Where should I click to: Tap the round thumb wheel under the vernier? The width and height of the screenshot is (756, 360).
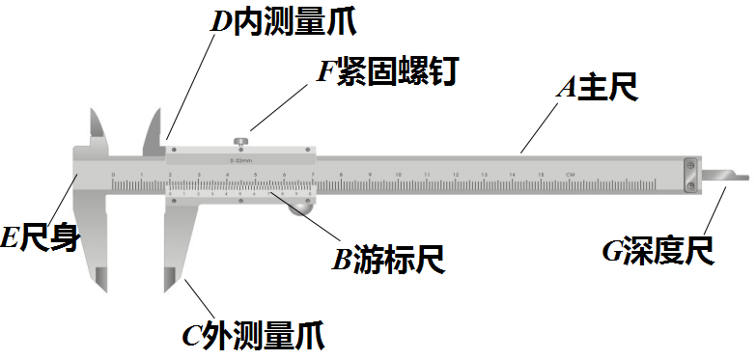point(303,204)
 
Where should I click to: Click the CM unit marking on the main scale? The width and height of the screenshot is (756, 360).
point(571,175)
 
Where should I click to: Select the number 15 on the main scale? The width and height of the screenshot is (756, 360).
point(541,175)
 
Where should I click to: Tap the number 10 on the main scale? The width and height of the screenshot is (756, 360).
point(398,175)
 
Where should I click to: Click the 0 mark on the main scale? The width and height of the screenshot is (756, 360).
point(113,175)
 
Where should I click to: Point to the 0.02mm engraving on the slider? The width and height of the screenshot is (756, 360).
point(240,159)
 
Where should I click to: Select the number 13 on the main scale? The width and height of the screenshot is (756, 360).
point(484,175)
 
